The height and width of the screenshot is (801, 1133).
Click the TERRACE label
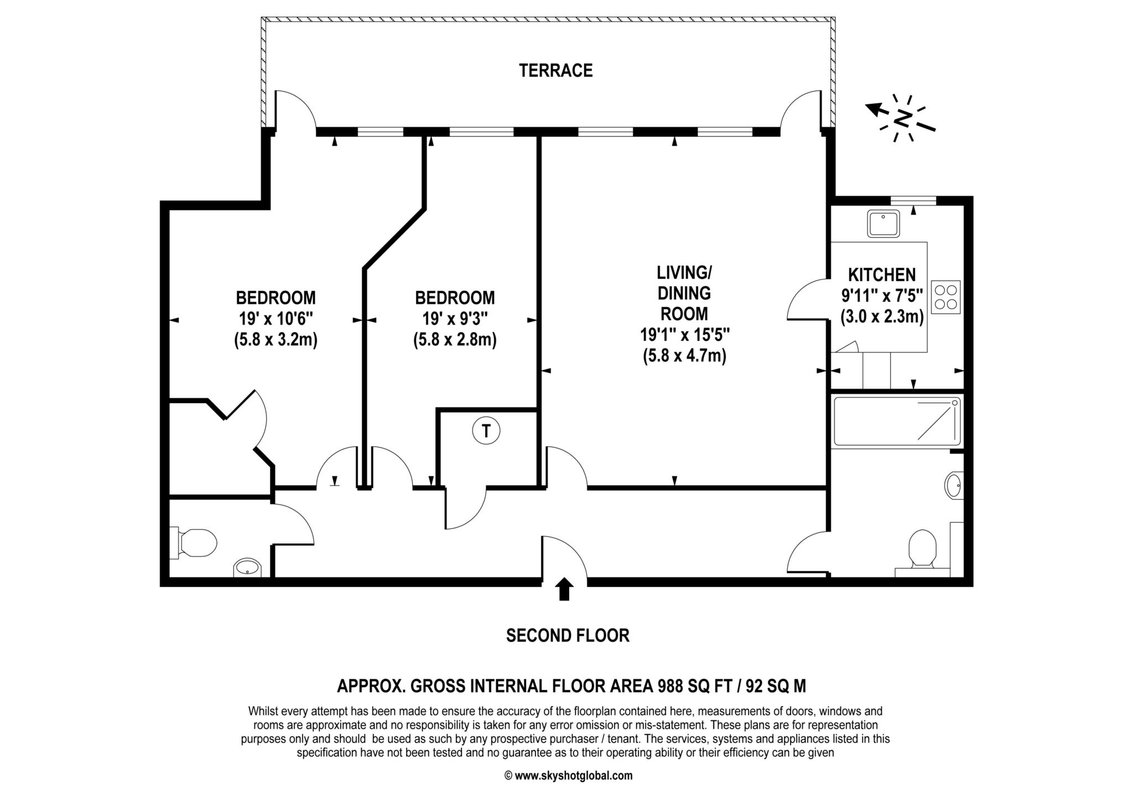(x=555, y=71)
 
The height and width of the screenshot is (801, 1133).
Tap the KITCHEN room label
(x=882, y=275)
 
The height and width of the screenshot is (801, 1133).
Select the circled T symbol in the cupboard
(x=486, y=431)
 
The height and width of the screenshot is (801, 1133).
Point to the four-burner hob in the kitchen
(x=946, y=297)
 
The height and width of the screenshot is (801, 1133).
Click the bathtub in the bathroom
(x=897, y=421)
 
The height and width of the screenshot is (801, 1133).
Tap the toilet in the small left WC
(x=193, y=543)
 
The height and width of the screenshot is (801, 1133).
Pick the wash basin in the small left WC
(x=247, y=568)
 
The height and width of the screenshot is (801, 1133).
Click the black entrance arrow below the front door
(x=564, y=589)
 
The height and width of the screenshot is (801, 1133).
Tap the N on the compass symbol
(x=903, y=119)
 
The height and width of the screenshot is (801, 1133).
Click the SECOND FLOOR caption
(x=568, y=636)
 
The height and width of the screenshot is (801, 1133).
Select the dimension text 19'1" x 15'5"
(x=684, y=335)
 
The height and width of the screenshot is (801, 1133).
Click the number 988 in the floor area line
(x=670, y=686)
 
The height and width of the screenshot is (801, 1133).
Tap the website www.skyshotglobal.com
(x=574, y=776)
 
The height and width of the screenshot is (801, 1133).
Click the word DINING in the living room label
(x=684, y=293)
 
